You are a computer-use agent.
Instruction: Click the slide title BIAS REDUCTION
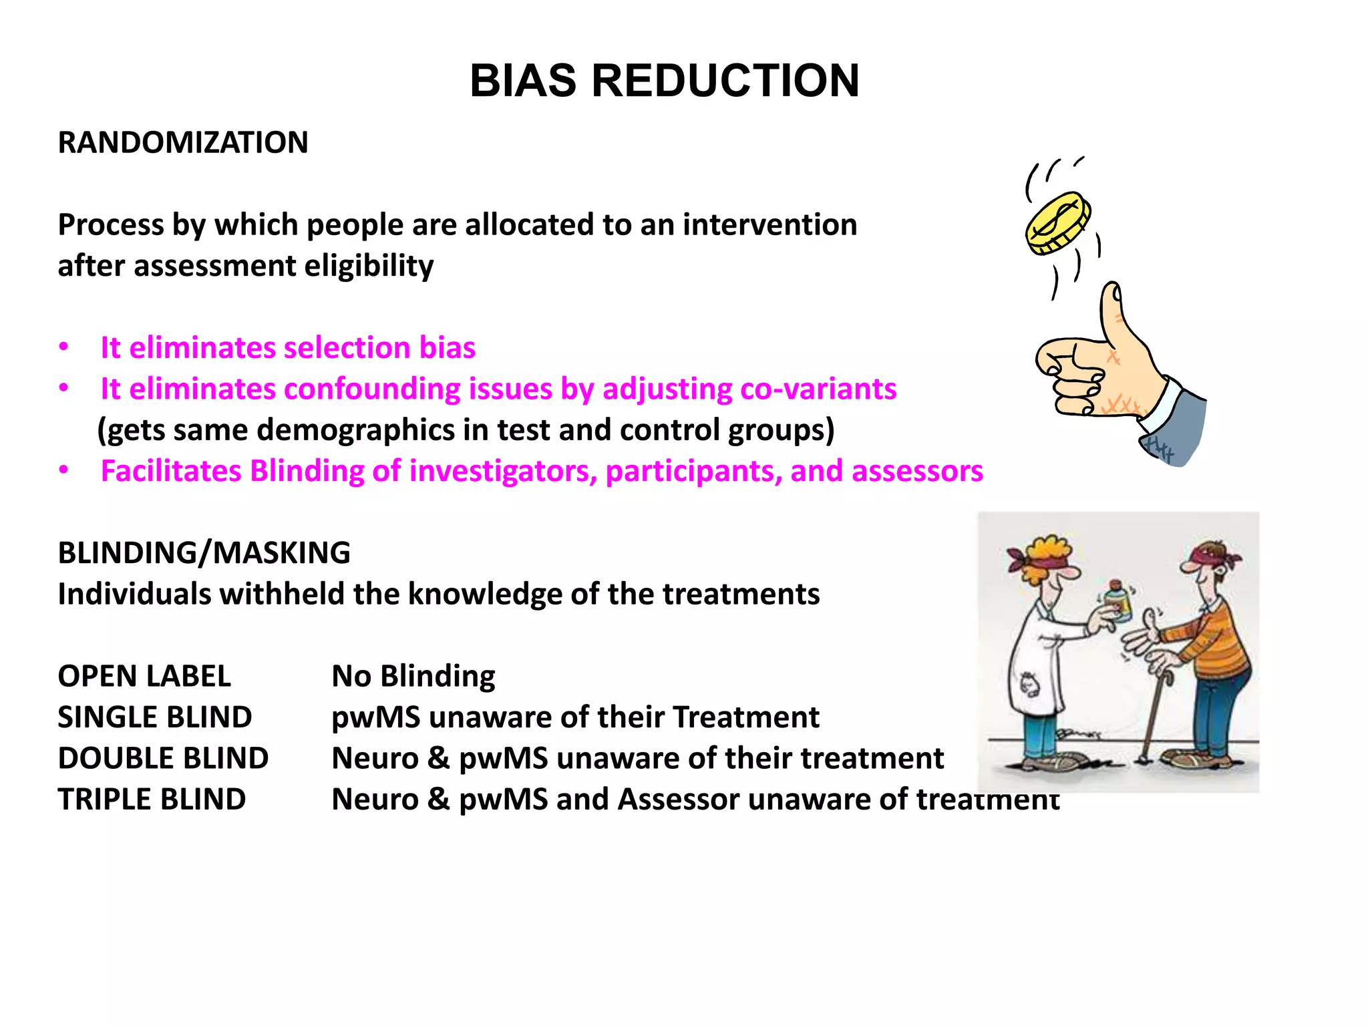[x=664, y=81]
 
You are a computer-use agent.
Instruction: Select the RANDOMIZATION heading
[x=183, y=142]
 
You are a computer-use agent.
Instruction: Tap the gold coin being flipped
[x=1057, y=223]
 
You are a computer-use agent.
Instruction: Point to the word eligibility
[x=369, y=266]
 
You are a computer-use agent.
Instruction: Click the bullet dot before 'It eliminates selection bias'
[x=63, y=347]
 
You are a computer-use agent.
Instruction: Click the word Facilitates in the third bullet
[x=171, y=471]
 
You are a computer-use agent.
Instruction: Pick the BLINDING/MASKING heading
[x=204, y=553]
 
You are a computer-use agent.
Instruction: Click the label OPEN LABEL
[x=144, y=676]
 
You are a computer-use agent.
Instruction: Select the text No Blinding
[x=413, y=676]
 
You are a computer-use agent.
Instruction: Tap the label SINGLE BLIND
[x=154, y=717]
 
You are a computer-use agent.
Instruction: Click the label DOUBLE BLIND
[x=163, y=758]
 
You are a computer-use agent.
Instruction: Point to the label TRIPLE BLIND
[x=152, y=800]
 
